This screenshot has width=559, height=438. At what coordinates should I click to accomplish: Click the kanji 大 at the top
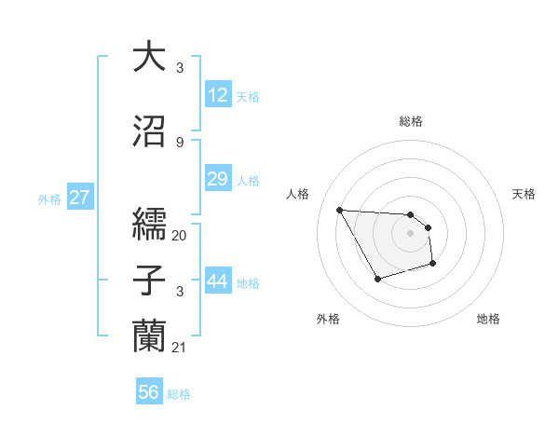point(150,57)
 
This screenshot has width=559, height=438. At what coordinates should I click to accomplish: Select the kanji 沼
point(150,131)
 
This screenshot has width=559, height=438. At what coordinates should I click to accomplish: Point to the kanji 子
point(150,282)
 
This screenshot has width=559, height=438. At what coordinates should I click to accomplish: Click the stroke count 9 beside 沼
point(180,142)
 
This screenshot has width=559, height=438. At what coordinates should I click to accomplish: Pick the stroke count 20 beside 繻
point(180,235)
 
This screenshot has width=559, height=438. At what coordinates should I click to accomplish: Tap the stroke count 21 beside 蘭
point(180,347)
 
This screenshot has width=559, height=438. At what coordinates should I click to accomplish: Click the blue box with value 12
point(218,95)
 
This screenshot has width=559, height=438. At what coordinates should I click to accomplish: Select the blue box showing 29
point(218,179)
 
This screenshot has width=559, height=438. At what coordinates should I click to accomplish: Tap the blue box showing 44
point(218,281)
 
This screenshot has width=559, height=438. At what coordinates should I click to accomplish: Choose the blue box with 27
point(80,198)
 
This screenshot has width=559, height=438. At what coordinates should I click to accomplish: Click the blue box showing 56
point(149,392)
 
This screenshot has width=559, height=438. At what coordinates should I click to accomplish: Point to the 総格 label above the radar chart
point(411,121)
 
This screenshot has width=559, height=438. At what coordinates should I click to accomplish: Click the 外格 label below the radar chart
point(328,319)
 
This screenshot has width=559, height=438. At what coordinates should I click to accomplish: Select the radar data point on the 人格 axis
point(339,210)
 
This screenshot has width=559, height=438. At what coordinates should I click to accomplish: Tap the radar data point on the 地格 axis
point(434,266)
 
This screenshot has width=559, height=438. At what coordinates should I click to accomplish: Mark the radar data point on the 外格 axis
point(377,279)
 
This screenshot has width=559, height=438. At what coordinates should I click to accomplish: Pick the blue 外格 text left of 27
point(48,198)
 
